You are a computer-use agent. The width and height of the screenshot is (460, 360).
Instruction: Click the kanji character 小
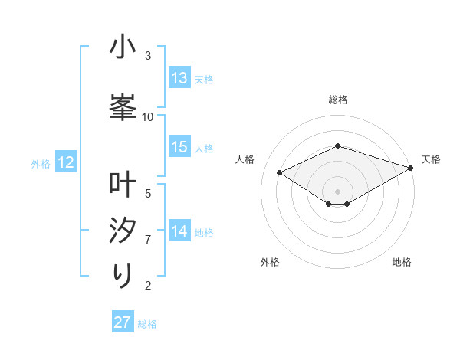pyautogui.click(x=123, y=48)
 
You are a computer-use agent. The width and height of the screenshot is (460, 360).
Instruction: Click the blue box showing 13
pyautogui.click(x=179, y=78)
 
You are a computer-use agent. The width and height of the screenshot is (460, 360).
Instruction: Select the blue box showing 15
pyautogui.click(x=179, y=147)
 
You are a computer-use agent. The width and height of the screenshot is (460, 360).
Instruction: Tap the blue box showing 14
pyautogui.click(x=179, y=231)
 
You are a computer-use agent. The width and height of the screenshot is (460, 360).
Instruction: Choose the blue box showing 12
pyautogui.click(x=65, y=162)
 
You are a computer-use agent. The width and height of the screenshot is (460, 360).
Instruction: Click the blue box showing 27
pyautogui.click(x=123, y=322)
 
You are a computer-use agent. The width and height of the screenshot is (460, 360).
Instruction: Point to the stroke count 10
pyautogui.click(x=148, y=117)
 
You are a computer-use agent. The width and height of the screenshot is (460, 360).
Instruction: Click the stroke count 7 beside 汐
pyautogui.click(x=148, y=240)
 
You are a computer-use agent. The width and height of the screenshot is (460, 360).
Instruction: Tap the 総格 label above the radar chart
pyautogui.click(x=338, y=100)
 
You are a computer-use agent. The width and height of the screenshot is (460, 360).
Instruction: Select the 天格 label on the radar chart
pyautogui.click(x=431, y=159)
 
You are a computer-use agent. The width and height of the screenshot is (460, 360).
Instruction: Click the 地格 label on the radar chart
pyautogui.click(x=402, y=262)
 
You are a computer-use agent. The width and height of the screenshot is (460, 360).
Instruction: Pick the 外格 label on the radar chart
pyautogui.click(x=270, y=262)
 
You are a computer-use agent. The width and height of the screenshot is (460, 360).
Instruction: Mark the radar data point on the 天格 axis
pyautogui.click(x=412, y=166)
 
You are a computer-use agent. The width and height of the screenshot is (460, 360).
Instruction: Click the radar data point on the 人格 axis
pyautogui.click(x=280, y=172)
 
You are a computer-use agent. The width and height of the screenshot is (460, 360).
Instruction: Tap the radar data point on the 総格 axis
pyautogui.click(x=338, y=146)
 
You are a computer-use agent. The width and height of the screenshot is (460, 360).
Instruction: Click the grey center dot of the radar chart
pyautogui.click(x=338, y=190)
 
